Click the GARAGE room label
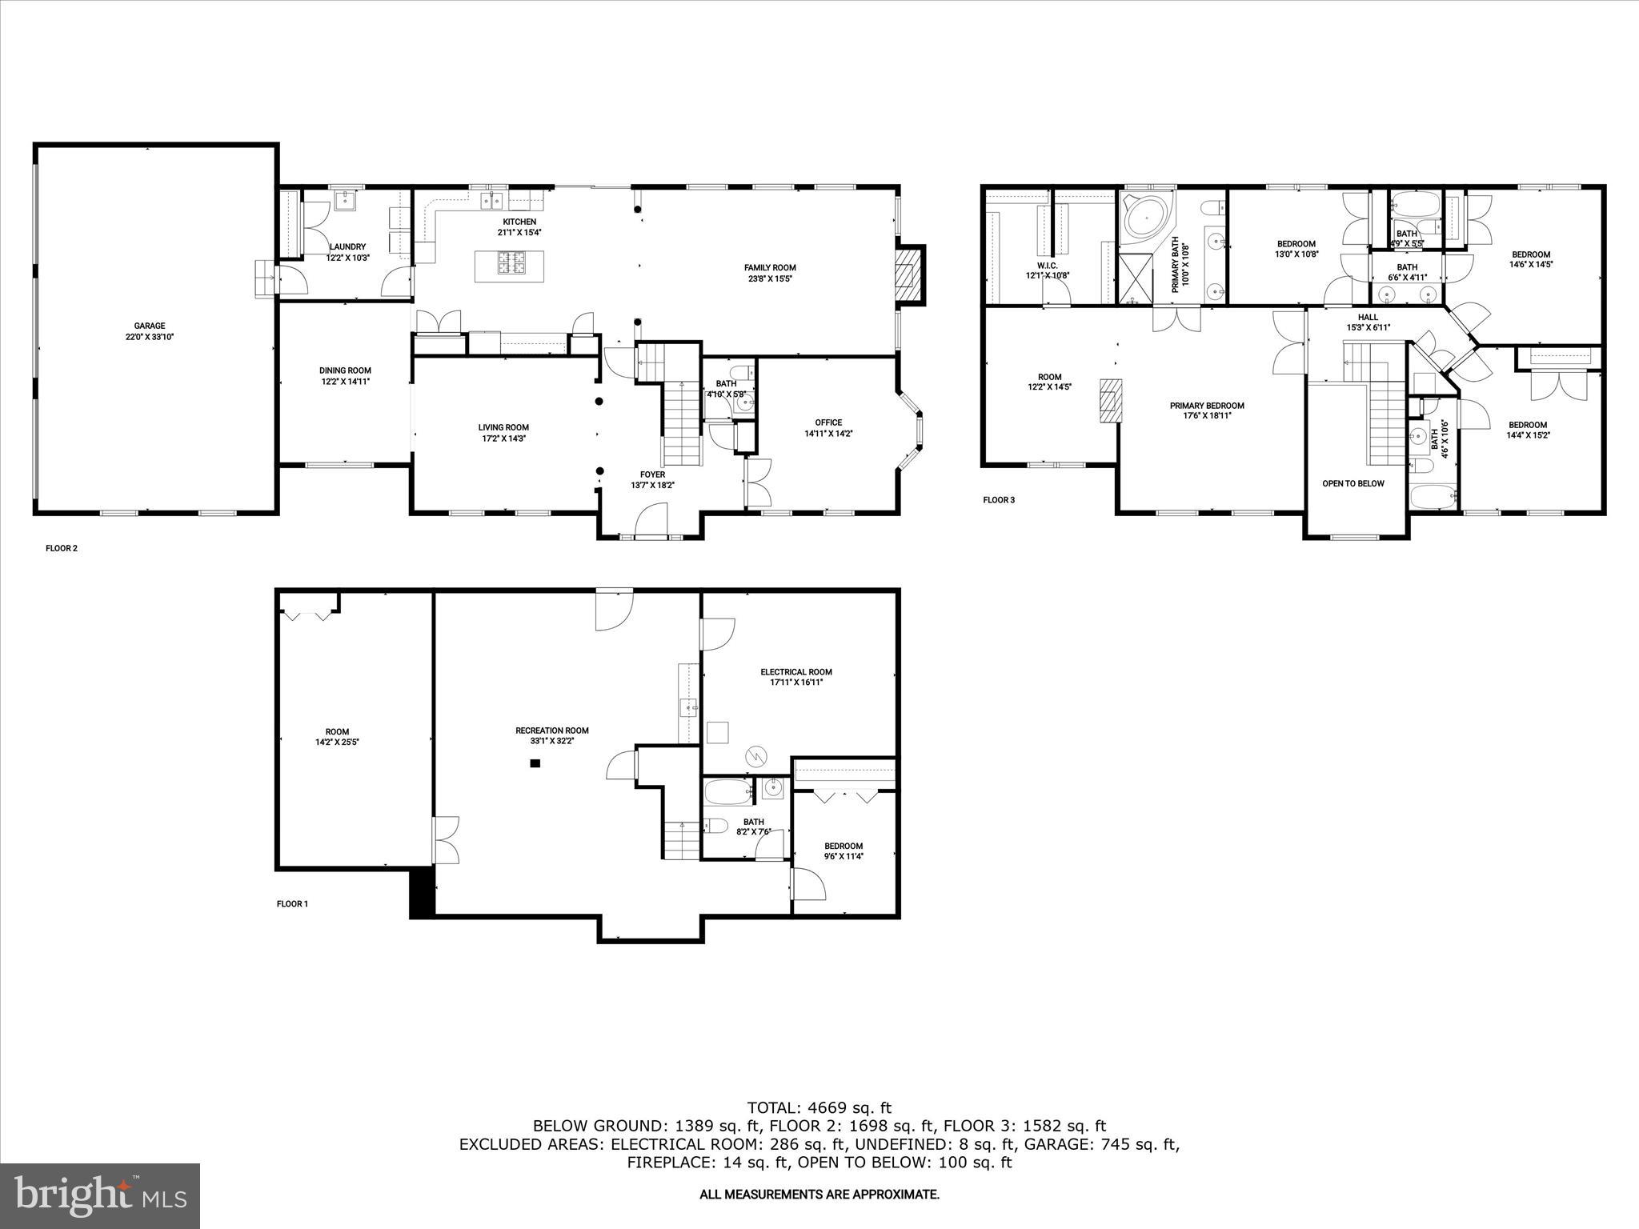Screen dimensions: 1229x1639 150,326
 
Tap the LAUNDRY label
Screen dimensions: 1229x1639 347,246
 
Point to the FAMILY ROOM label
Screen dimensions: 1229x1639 770,268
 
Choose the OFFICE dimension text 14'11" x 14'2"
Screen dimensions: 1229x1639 828,434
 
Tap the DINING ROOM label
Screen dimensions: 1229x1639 345,370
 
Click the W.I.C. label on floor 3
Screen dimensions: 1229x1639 1047,265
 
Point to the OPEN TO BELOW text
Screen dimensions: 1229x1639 1352,483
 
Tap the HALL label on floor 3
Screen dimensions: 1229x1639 1368,317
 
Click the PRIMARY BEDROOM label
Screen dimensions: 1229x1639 1207,406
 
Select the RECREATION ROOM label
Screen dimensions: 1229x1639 551,730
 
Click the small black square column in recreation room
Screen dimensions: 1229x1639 535,763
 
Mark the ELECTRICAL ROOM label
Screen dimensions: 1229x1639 795,672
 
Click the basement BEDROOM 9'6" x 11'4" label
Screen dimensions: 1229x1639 844,846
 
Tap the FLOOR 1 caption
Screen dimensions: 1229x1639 292,904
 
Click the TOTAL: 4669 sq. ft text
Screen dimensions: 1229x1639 819,1108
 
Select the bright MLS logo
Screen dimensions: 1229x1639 101,1196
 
